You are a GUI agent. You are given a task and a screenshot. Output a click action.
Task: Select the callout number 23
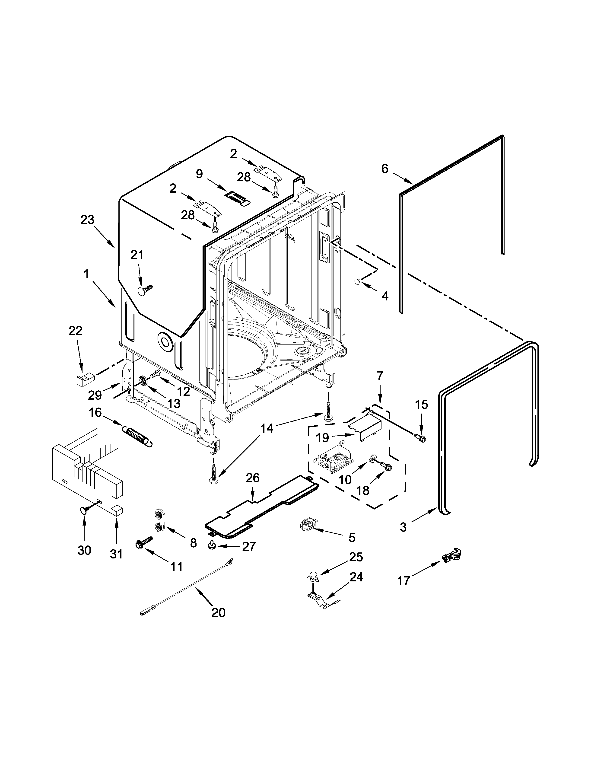pyautogui.click(x=88, y=220)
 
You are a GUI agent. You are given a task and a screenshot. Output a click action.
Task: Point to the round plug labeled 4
pyautogui.click(x=357, y=280)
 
